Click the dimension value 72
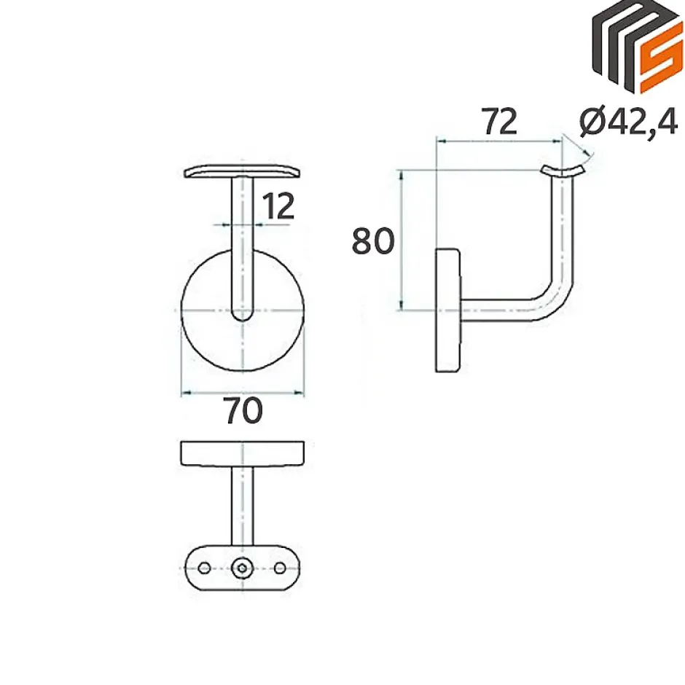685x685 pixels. (499, 122)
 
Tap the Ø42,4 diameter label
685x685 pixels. (629, 122)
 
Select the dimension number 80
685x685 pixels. (373, 240)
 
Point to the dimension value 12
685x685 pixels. (278, 206)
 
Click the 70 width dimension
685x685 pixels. (243, 410)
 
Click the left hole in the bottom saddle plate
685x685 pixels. (204, 568)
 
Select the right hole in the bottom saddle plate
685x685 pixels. (280, 568)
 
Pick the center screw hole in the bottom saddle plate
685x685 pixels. (242, 568)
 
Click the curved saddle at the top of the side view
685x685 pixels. (563, 171)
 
